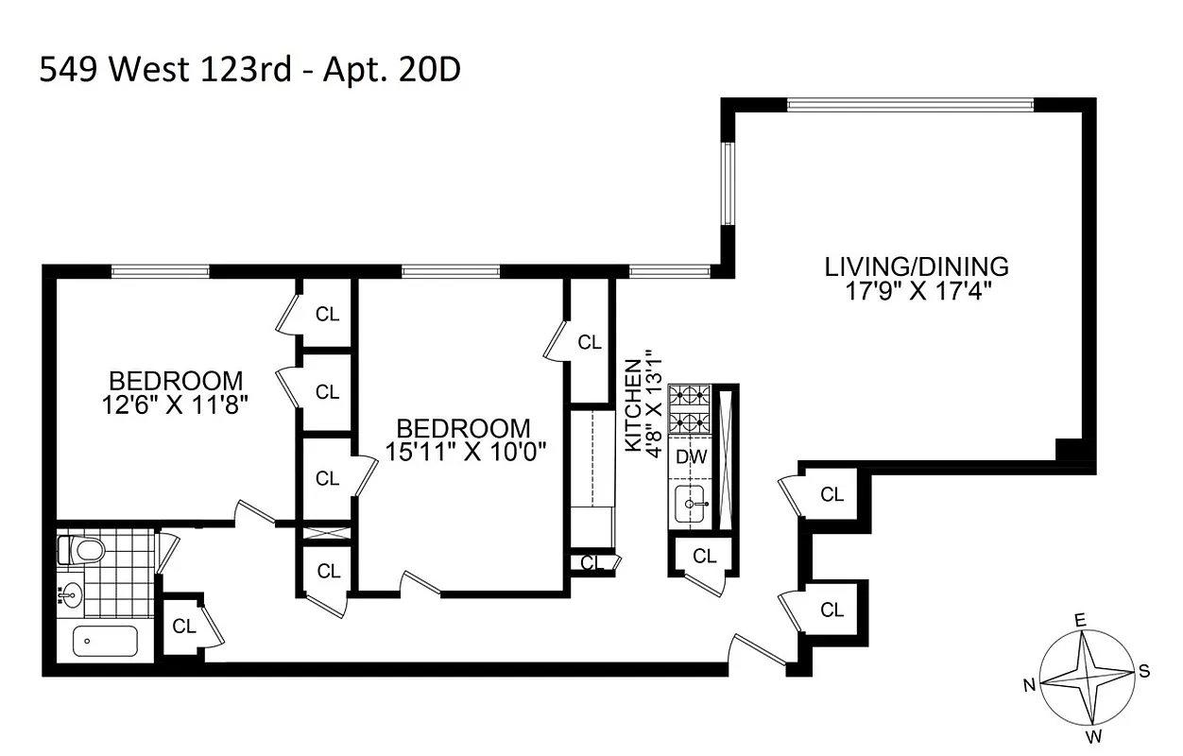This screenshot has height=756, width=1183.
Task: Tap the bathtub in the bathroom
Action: point(105,642)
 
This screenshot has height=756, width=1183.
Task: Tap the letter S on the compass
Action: point(1143,672)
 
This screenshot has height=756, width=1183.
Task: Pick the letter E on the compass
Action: point(1080,620)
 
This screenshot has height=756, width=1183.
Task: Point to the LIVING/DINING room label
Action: point(917,266)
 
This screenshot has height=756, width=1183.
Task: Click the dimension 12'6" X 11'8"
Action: point(176,404)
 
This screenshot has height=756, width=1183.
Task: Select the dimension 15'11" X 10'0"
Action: point(463,451)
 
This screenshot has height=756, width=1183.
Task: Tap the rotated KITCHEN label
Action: point(634,404)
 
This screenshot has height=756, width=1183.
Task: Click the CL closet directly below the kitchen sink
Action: point(704,557)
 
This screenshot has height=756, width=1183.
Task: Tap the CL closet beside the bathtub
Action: point(183,626)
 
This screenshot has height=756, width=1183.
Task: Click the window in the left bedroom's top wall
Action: point(160,272)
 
